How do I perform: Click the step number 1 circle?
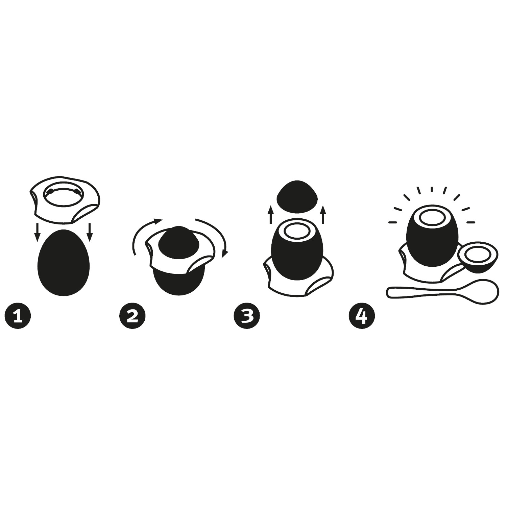point(18,316)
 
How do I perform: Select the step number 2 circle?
point(132,316)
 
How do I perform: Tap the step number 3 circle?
point(247,316)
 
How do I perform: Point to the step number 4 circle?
point(362,316)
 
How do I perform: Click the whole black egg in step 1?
point(64,263)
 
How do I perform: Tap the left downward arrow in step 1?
point(38,232)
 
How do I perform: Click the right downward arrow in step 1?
point(90,232)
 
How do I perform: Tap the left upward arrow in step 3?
point(270,214)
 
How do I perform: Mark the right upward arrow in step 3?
point(323,214)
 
